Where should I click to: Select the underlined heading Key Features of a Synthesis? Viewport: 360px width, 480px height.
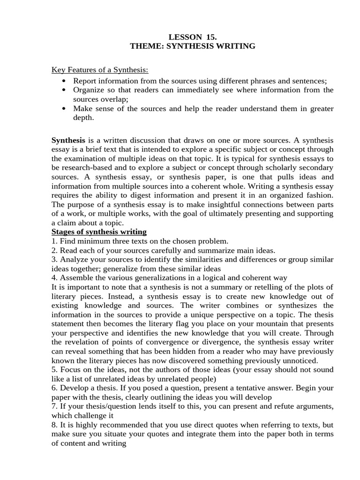click(x=99, y=70)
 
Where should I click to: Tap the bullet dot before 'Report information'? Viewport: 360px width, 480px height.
click(x=64, y=80)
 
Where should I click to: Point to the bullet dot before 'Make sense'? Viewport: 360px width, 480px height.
click(x=64, y=109)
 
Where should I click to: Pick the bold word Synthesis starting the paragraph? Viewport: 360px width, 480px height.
click(x=68, y=140)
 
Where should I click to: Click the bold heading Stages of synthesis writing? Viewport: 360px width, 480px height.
click(x=99, y=232)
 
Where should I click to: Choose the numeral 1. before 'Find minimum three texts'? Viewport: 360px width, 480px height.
click(x=54, y=241)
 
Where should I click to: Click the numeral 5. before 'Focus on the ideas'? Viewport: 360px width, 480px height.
click(x=54, y=370)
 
